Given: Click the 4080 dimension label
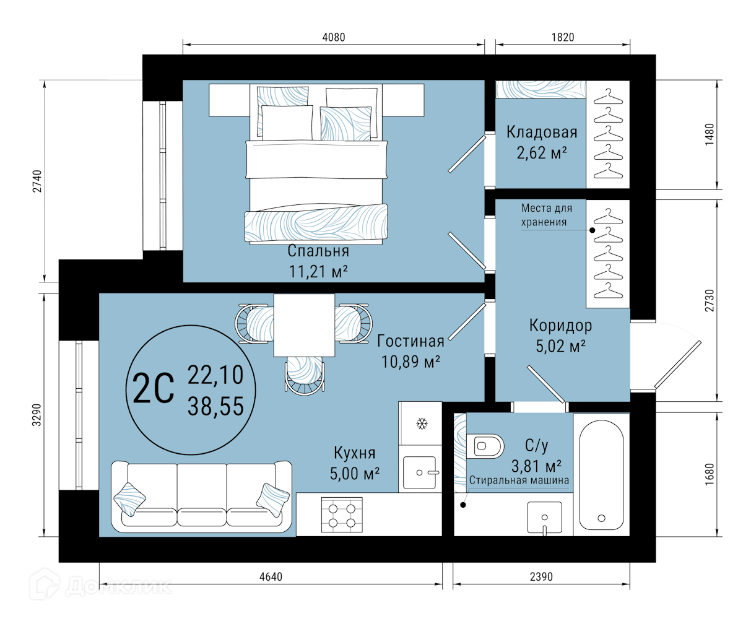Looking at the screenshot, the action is coord(334,37).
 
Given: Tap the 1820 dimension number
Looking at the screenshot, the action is coord(563,37).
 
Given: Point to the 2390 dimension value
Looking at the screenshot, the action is coord(541,576).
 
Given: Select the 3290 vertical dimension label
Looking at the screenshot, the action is coord(37,415).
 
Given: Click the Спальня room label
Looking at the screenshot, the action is coord(318,251).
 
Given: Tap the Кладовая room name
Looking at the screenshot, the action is coord(542,132).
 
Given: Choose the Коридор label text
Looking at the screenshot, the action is coord(560,326).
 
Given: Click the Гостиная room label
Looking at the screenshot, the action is coord(411,341).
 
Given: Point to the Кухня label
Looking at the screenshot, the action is coord(354,453).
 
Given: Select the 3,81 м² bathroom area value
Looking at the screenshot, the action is coord(536,466).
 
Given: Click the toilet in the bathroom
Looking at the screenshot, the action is coord(485,446).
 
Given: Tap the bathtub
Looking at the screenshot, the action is coord(601,475).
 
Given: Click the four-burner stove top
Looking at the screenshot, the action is coord(342,515).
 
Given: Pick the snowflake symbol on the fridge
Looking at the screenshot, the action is coord(422,423).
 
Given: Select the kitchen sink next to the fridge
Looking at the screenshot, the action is coord(420,472).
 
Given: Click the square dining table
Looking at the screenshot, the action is coord(304,325).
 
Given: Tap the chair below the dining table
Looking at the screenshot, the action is coord(305,376).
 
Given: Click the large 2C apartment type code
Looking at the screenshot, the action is coord(153,389).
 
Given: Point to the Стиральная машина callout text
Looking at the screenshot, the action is coord(519,480).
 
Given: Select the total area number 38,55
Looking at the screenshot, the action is coord(215,406).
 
